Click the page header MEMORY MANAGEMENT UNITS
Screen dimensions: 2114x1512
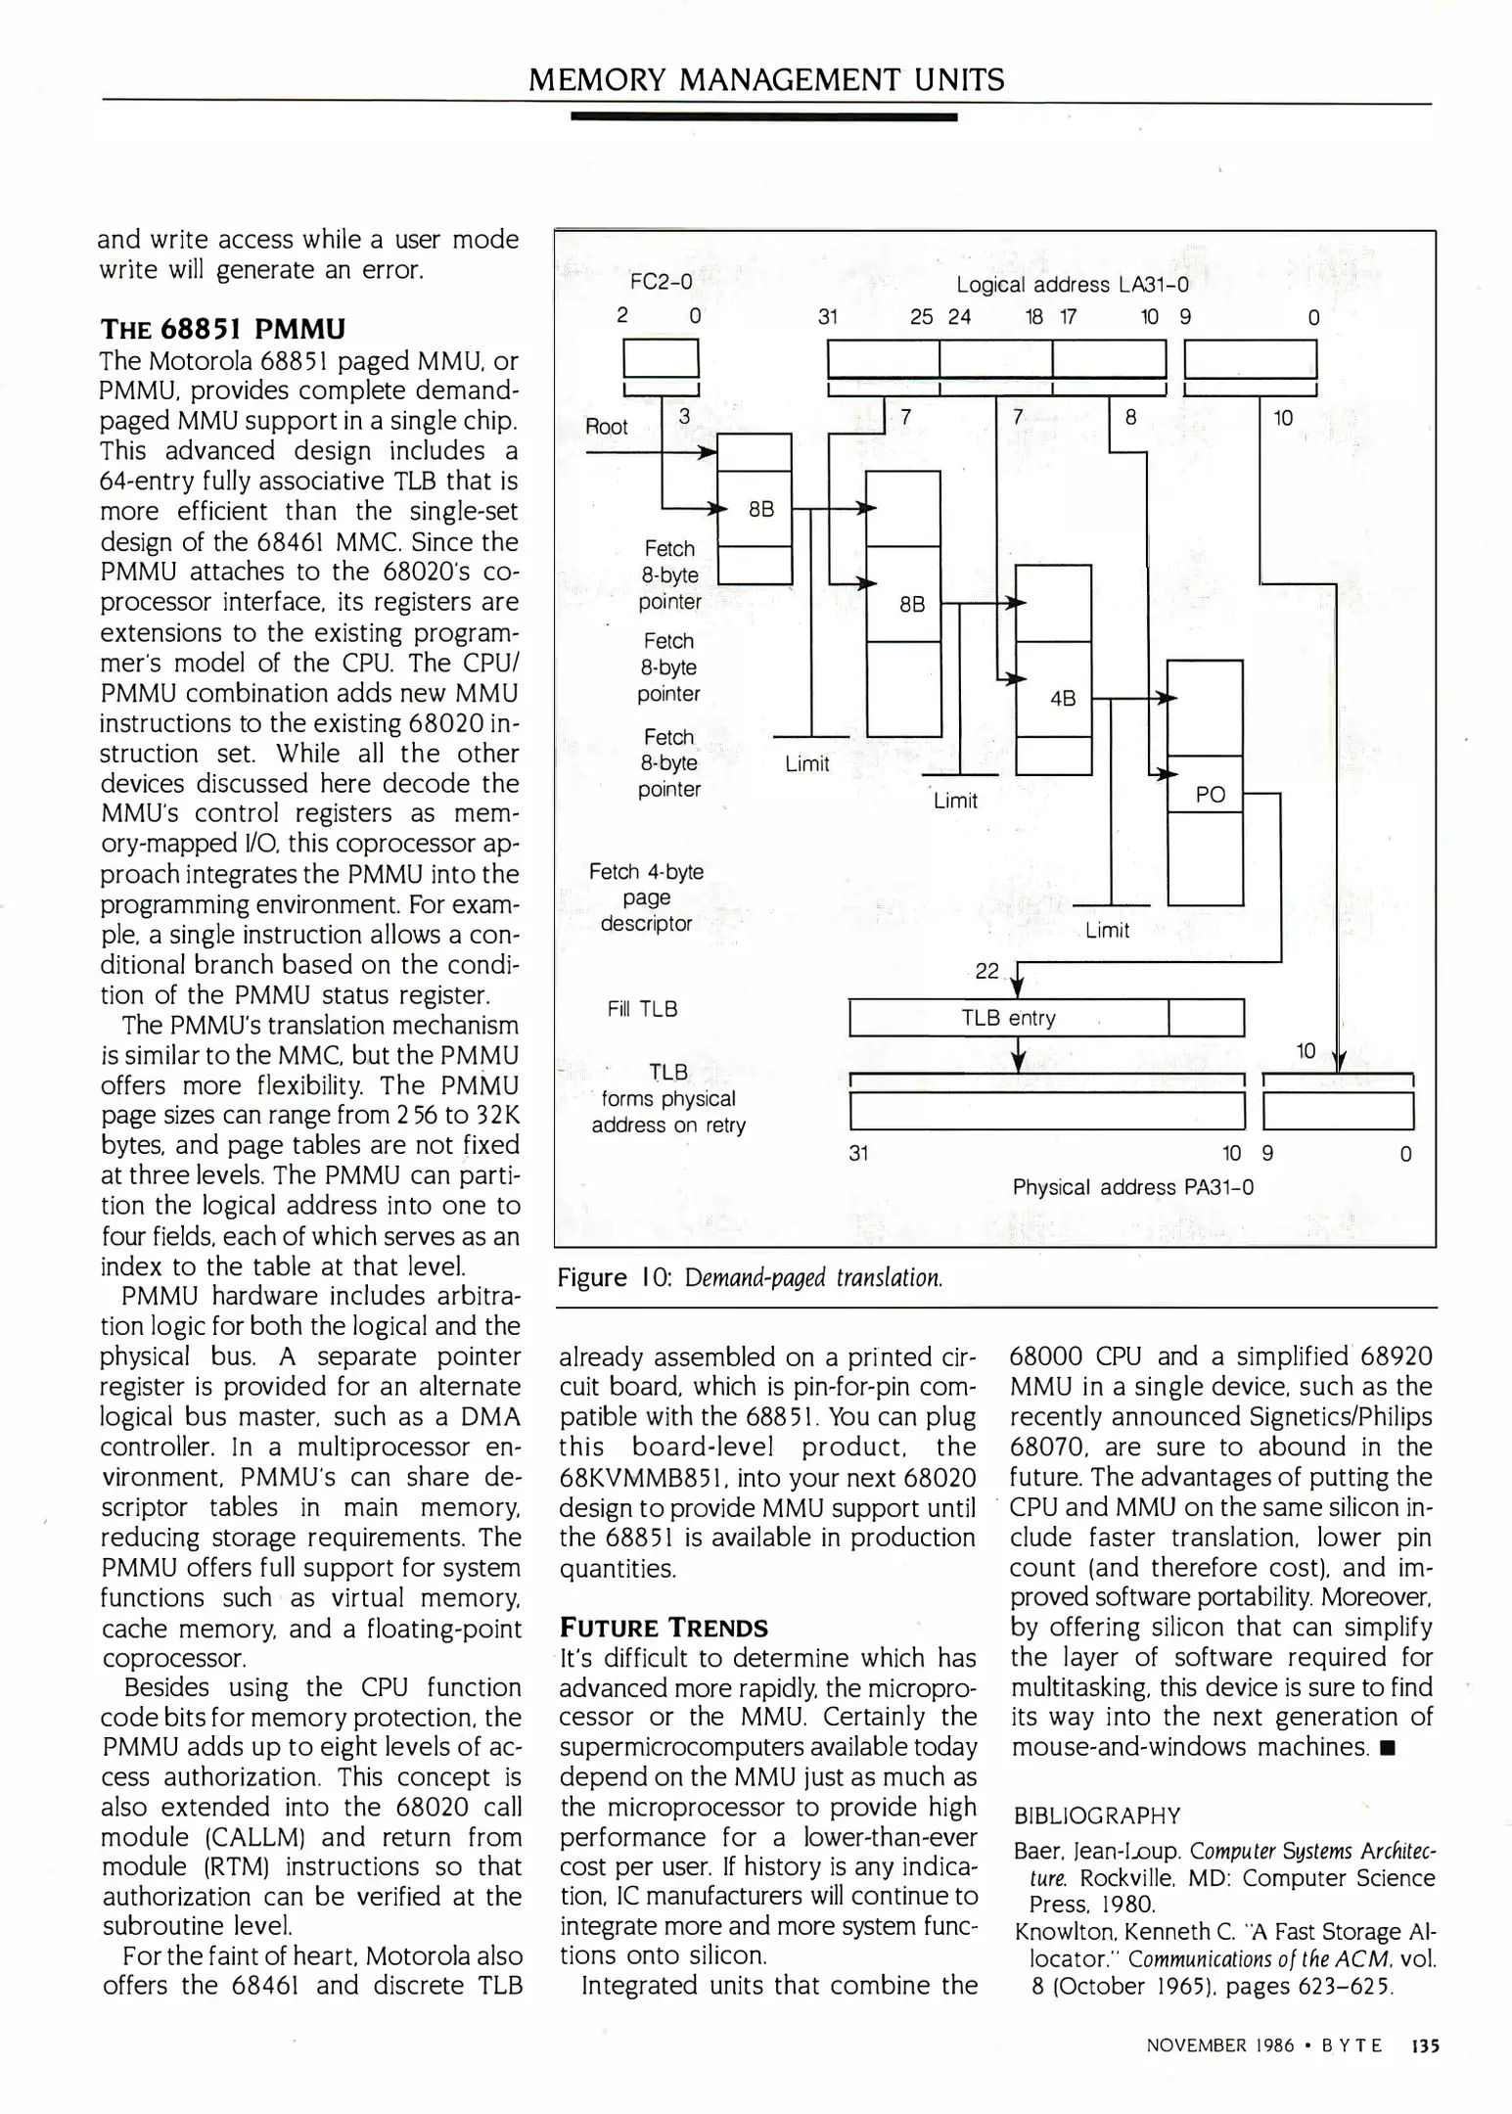[x=765, y=79]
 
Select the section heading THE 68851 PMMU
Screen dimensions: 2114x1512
[x=222, y=328]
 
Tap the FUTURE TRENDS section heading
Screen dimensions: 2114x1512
[x=663, y=1628]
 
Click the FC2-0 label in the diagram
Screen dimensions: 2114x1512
[x=661, y=282]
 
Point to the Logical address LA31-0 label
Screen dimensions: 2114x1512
[x=1072, y=285]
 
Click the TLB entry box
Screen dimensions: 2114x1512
[x=1008, y=1018]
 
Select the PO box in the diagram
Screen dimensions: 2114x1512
[x=1211, y=795]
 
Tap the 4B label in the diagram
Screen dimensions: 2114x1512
[x=1062, y=699]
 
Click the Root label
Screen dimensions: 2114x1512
[x=606, y=427]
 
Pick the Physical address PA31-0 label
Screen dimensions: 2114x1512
[x=1132, y=1187]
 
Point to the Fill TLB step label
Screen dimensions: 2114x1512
[x=642, y=1009]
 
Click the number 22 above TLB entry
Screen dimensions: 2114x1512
[x=986, y=971]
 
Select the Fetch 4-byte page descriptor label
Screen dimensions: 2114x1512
[x=646, y=897]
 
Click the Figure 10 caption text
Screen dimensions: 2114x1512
[x=750, y=1277]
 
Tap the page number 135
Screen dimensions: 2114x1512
[x=1425, y=2045]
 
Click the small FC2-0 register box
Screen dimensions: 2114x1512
[x=661, y=358]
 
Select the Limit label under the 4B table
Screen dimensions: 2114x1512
[x=1107, y=931]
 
